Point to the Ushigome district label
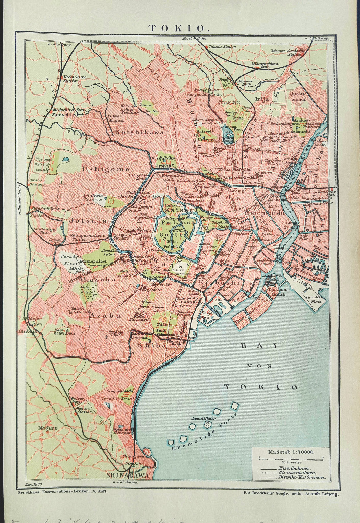point(106,169)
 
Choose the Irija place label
point(262,99)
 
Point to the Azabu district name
point(105,315)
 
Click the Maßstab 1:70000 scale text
point(291,452)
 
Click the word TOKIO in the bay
point(260,387)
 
